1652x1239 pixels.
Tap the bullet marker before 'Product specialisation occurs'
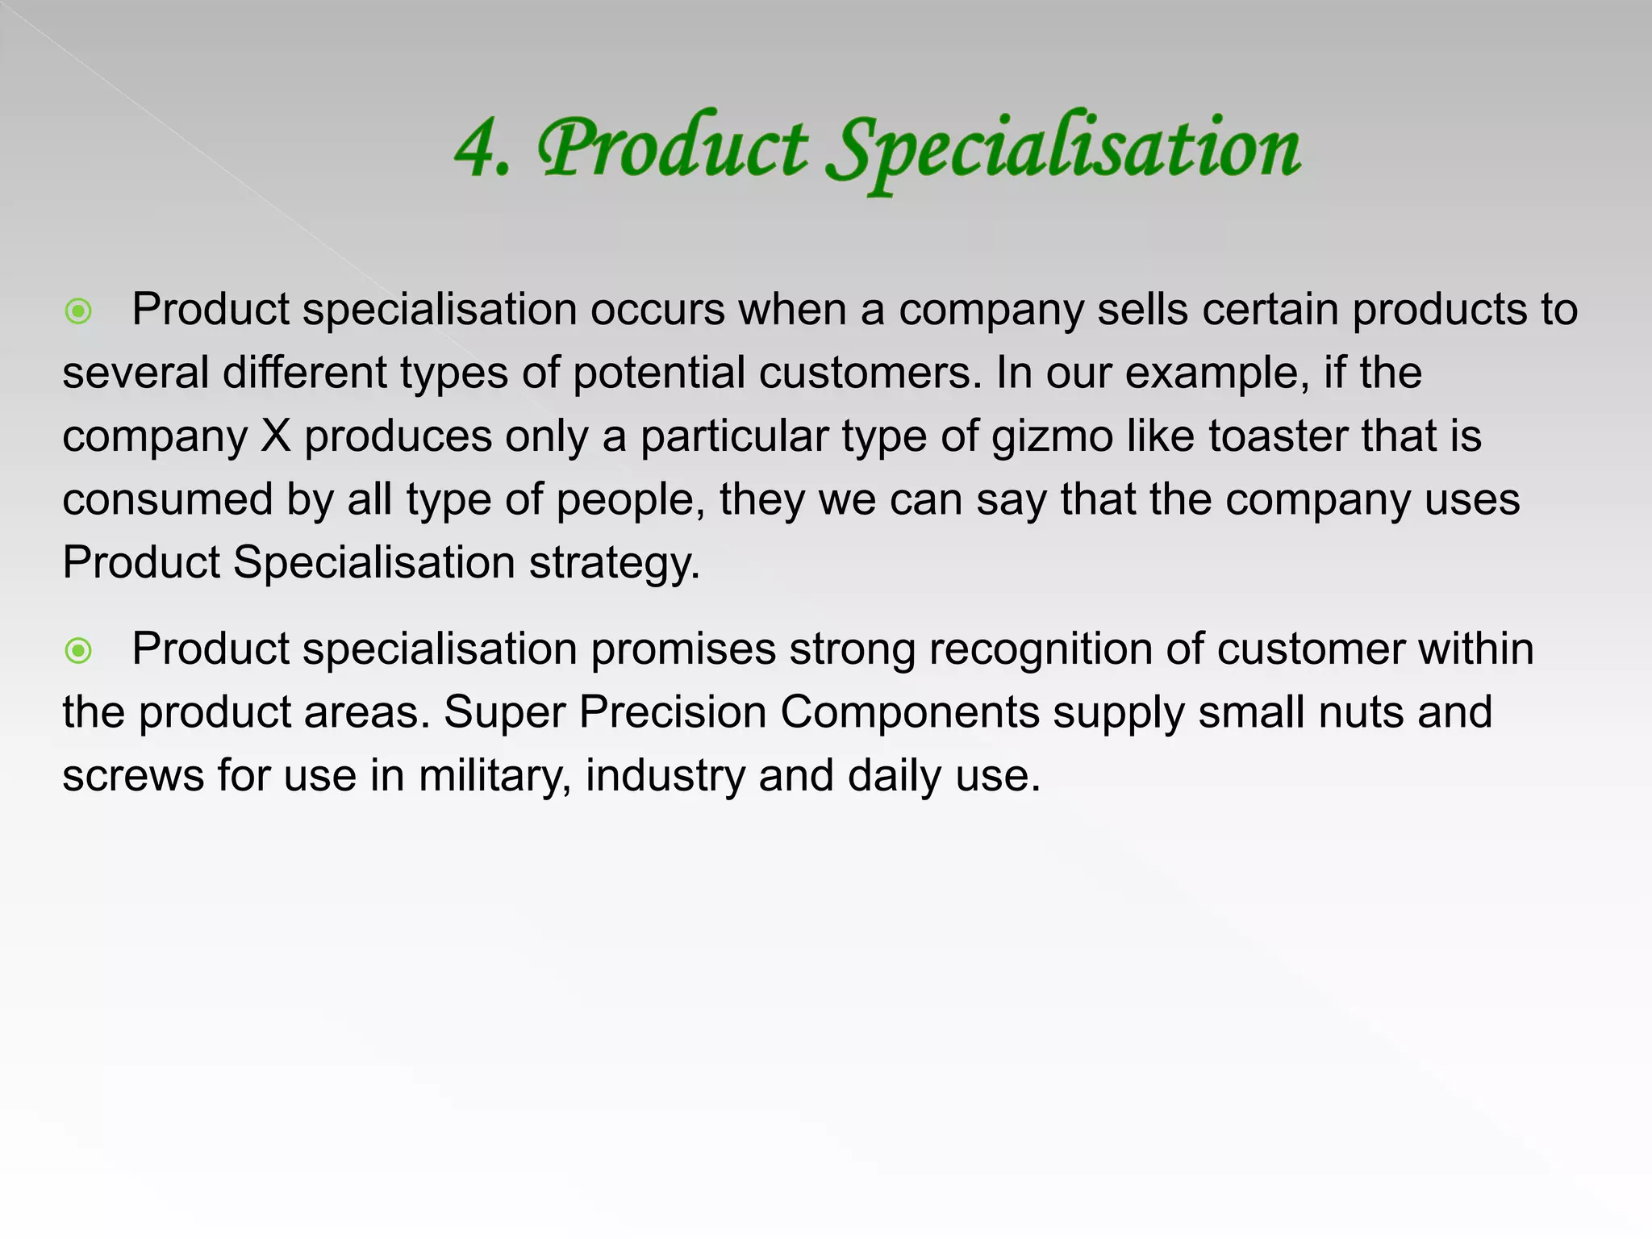[x=78, y=311]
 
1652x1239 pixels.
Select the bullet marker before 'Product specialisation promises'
[x=78, y=651]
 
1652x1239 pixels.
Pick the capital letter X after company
[x=276, y=436]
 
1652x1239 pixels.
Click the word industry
[x=665, y=776]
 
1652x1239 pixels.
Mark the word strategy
[x=615, y=563]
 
